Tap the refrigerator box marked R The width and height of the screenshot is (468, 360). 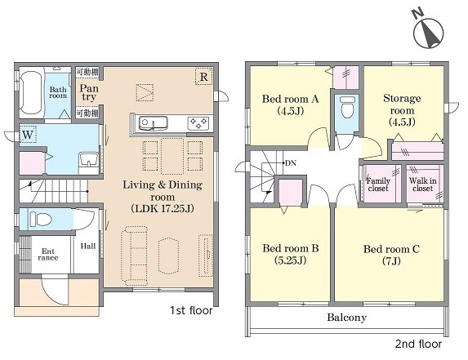click(204, 77)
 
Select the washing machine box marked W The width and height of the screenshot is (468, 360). click(28, 135)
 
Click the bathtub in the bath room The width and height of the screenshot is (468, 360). click(31, 92)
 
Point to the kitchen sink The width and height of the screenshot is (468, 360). click(153, 123)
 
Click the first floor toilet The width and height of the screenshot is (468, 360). click(41, 220)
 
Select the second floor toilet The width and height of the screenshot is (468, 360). click(348, 106)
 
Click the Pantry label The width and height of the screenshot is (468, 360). click(89, 92)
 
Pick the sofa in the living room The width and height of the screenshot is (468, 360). click(134, 255)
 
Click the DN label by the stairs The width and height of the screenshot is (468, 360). click(291, 163)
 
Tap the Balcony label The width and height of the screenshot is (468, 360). click(346, 317)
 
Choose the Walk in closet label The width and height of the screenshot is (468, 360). click(422, 184)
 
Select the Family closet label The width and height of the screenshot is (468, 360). click(378, 184)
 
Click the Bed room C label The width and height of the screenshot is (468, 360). click(391, 255)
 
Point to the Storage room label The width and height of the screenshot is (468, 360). click(402, 109)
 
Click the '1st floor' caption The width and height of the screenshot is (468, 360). click(191, 310)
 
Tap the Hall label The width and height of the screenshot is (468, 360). click(88, 246)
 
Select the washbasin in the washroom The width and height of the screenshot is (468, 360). click(88, 159)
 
